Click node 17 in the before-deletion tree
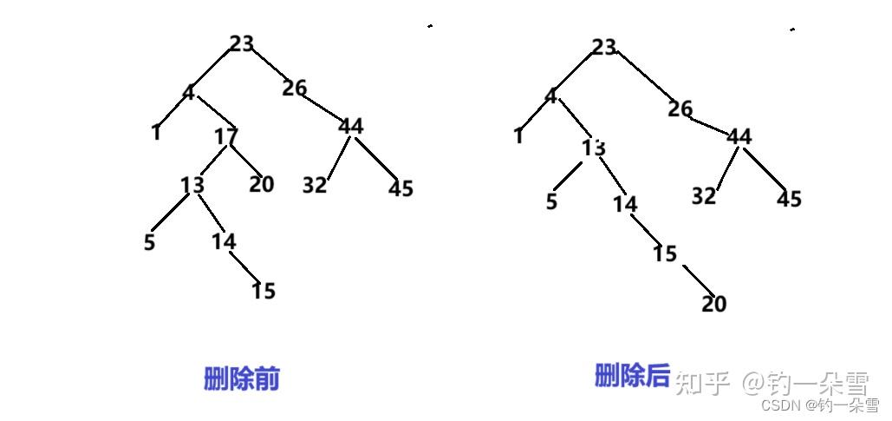[226, 136]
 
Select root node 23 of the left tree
[242, 43]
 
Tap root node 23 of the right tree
[604, 47]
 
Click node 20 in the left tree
[261, 184]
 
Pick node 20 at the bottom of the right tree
[713, 304]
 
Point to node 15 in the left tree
[263, 291]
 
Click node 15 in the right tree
[665, 253]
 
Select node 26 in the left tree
[295, 88]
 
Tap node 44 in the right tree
[739, 136]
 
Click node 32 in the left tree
[315, 185]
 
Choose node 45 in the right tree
[789, 199]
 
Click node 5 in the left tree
[150, 242]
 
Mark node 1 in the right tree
[518, 136]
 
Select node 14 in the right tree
[625, 204]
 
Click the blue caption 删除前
[242, 378]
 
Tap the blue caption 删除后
[633, 376]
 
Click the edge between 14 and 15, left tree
[244, 266]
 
